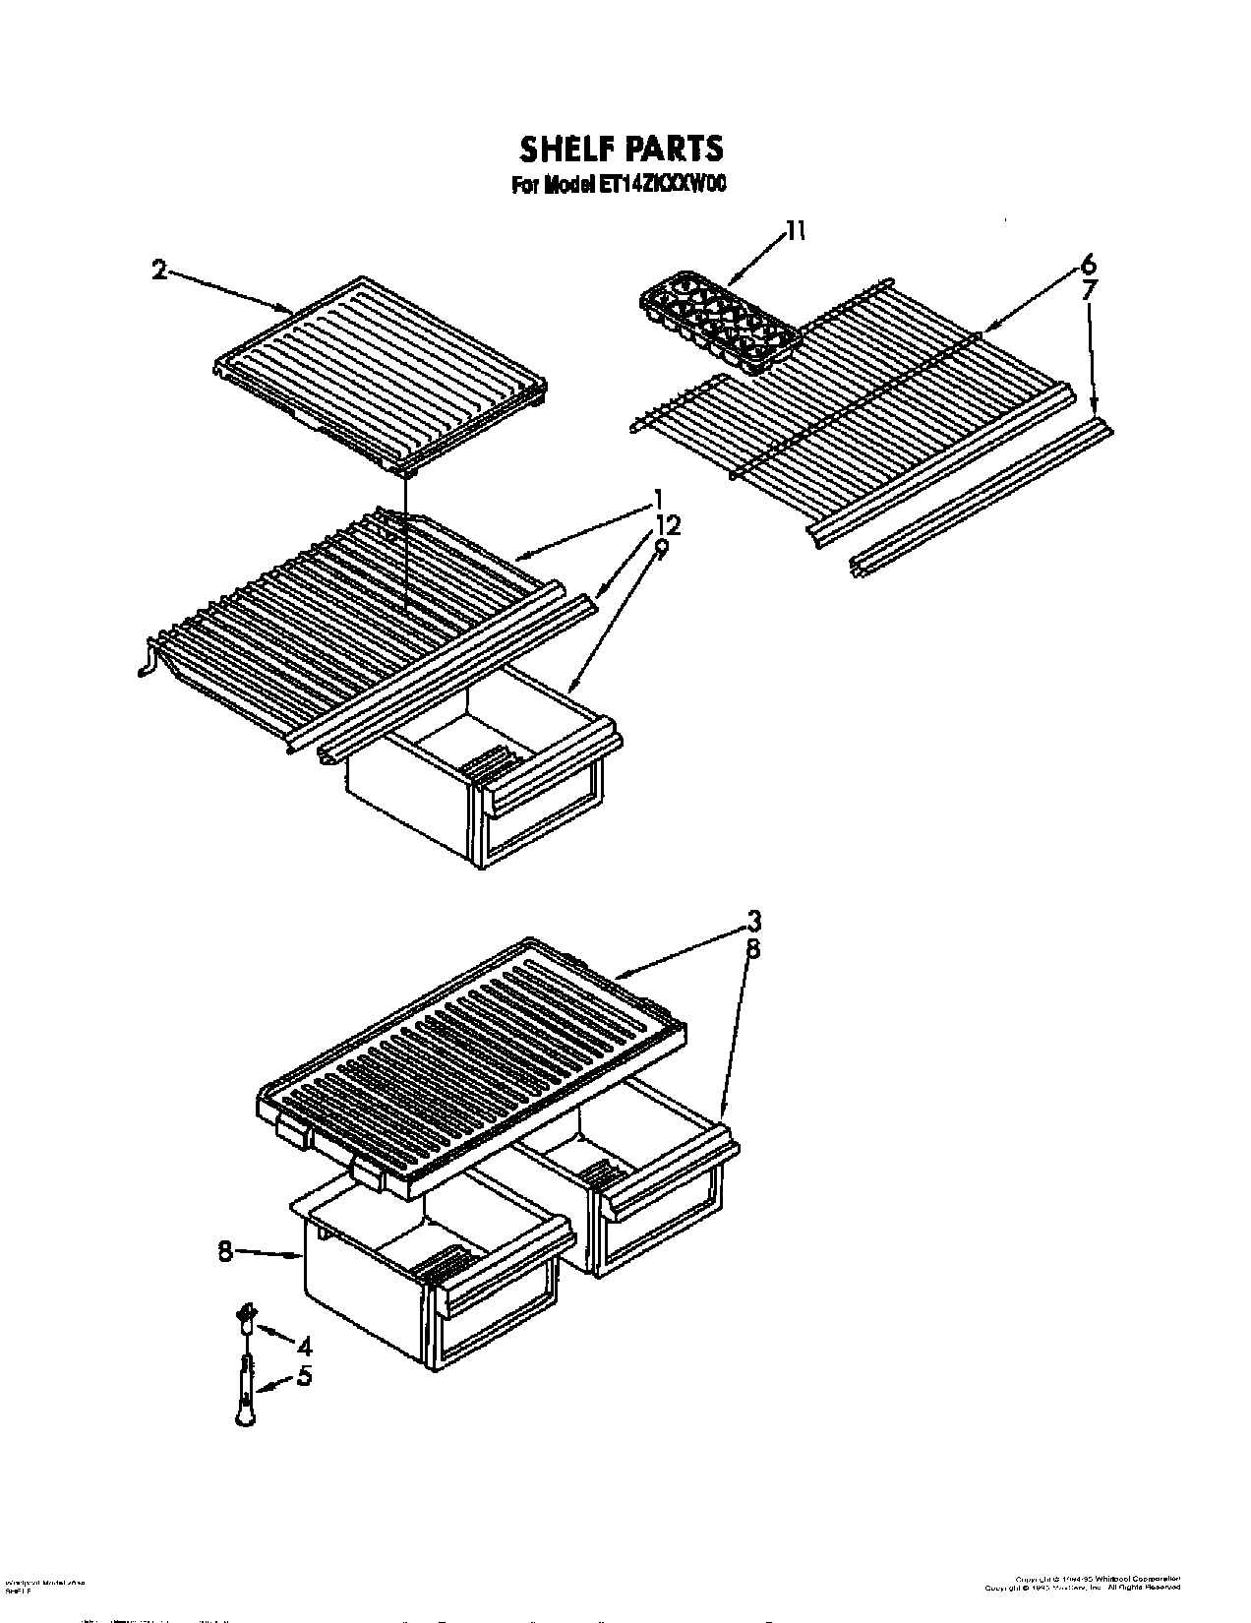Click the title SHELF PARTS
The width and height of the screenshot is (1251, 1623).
[x=621, y=148]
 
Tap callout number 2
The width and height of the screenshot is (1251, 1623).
[x=158, y=270]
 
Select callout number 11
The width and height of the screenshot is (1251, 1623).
[x=795, y=232]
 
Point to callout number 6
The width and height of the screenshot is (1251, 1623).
[x=1087, y=265]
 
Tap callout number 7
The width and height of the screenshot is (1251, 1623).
[x=1088, y=289]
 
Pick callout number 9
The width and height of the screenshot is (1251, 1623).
[x=661, y=547]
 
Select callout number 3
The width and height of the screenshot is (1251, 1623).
[x=752, y=922]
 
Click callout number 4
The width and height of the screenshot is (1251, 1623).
[x=304, y=1342]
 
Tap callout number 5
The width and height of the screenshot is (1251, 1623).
[x=304, y=1377]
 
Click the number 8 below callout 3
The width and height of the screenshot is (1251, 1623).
[x=752, y=949]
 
